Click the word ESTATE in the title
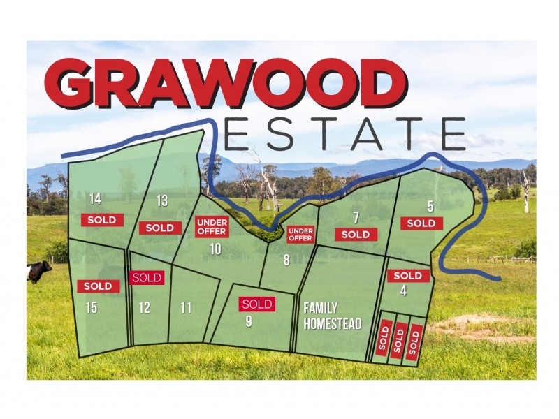click(x=345, y=134)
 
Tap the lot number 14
click(x=95, y=200)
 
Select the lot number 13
click(x=162, y=201)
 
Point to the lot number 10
click(x=215, y=248)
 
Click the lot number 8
click(x=286, y=261)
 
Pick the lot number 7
click(x=356, y=216)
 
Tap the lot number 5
click(x=430, y=206)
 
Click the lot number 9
click(x=249, y=321)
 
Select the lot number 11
click(x=186, y=307)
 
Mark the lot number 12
click(x=145, y=307)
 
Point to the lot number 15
click(x=92, y=307)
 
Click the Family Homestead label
click(x=332, y=316)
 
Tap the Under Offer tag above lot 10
click(x=211, y=226)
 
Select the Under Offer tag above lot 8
click(x=300, y=234)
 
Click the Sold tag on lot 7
click(x=356, y=234)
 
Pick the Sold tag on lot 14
click(x=102, y=219)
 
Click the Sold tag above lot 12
click(x=147, y=277)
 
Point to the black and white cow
click(x=39, y=271)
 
